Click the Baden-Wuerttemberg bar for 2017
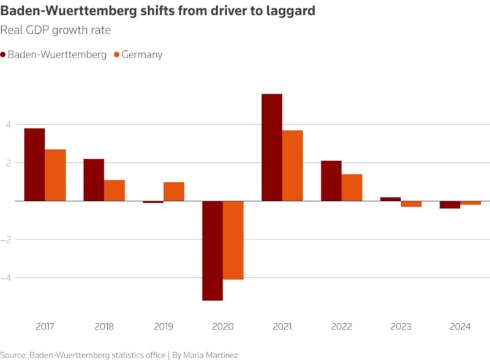(x=34, y=164)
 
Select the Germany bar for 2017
(x=55, y=175)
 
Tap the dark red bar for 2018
(x=94, y=179)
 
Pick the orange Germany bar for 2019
(x=174, y=191)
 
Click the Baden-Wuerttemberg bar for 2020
(x=213, y=250)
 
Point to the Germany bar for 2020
(x=233, y=240)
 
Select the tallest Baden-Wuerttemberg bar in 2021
(x=272, y=147)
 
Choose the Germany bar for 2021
(x=293, y=165)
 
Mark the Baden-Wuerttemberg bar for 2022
(x=331, y=181)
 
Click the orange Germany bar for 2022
(x=352, y=187)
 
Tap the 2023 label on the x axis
(x=401, y=326)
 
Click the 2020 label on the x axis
(x=223, y=326)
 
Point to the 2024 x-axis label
(x=460, y=326)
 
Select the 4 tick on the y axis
(x=9, y=124)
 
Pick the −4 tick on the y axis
(x=7, y=277)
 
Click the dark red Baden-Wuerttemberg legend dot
(x=3, y=55)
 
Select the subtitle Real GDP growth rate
(x=56, y=29)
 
